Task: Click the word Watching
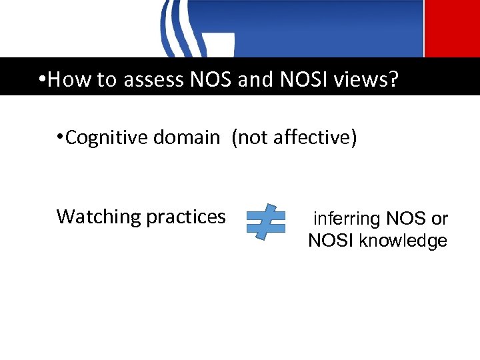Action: point(99,217)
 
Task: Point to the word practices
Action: point(186,217)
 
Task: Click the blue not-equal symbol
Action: point(266,221)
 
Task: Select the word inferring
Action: point(347,219)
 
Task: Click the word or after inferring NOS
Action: point(439,219)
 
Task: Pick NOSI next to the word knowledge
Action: point(331,241)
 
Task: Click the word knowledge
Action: point(403,241)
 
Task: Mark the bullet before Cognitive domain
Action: point(60,138)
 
